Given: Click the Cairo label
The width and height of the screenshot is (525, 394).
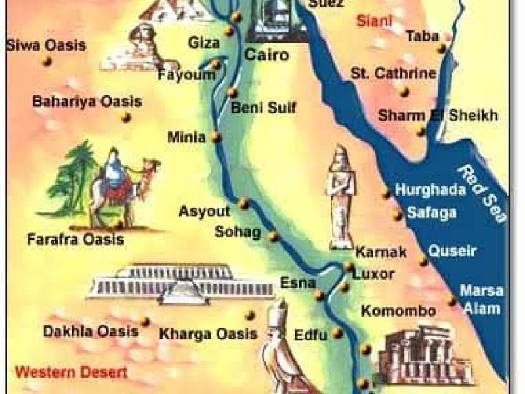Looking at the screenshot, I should tap(266, 55).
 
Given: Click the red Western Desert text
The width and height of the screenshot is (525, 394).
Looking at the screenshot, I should tap(72, 372).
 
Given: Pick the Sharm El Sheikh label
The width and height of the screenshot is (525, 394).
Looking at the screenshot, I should tap(438, 116).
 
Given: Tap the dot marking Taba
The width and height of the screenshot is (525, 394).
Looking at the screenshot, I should tap(444, 48).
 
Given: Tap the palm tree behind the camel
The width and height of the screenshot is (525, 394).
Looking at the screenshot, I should tap(73, 174).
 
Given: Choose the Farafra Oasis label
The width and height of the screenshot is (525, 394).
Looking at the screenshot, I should tap(75, 240).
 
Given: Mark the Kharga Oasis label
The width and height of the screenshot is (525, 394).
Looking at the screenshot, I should tap(208, 334).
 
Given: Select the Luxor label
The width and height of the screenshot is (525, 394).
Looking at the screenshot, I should tap(373, 273).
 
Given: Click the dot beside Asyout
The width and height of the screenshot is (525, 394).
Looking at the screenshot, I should tap(243, 204).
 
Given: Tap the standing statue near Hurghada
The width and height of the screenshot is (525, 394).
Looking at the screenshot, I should tap(342, 197).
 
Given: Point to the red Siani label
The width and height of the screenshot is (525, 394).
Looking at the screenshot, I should tap(375, 21).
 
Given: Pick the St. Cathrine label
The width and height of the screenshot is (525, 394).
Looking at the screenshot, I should tap(393, 73).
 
